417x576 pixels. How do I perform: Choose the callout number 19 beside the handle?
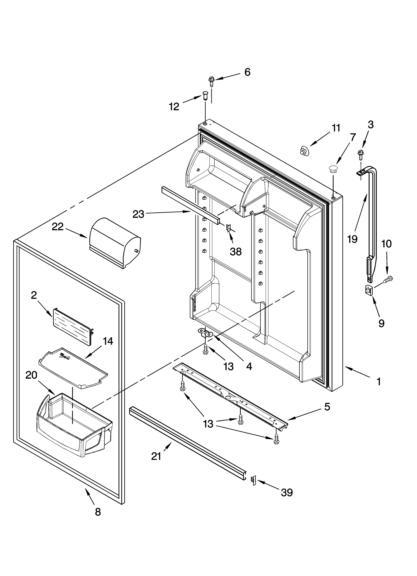click(x=352, y=239)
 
